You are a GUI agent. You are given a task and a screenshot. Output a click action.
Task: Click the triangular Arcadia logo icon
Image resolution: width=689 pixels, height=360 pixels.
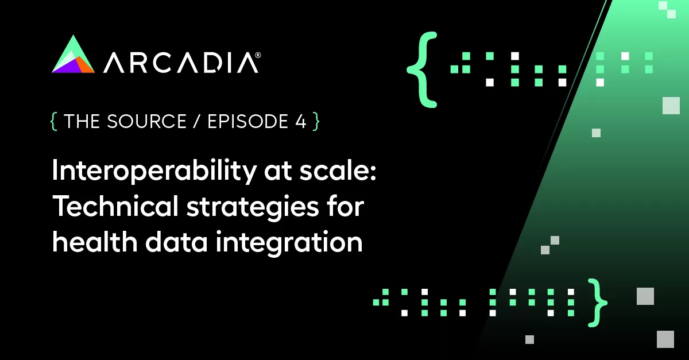click(x=73, y=56)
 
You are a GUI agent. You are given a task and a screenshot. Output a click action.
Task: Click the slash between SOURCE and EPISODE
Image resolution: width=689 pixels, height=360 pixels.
click(x=195, y=122)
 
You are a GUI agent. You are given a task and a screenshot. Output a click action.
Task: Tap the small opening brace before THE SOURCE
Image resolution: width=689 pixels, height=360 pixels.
click(x=55, y=122)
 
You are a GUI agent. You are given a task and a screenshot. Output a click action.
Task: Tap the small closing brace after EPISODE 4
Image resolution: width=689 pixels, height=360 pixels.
click(x=315, y=122)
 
